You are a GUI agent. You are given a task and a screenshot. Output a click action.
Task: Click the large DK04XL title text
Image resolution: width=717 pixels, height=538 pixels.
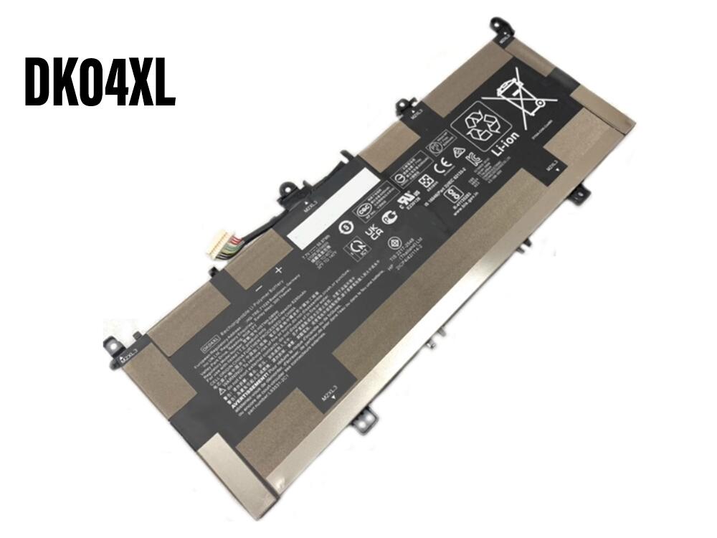[x=100, y=82]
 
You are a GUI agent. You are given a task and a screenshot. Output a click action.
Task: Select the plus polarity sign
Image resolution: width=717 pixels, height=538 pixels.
[x=279, y=270]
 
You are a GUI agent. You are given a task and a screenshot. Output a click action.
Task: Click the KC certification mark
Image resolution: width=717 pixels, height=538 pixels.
[x=473, y=156]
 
